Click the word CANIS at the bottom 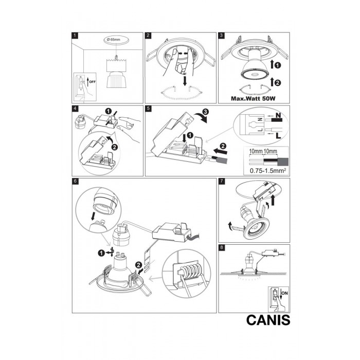pyautogui.click(x=268, y=320)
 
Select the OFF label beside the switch pyautogui.click(x=92, y=81)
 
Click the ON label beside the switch pyautogui.click(x=285, y=293)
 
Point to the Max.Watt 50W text pyautogui.click(x=253, y=99)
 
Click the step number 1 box pyautogui.click(x=75, y=35)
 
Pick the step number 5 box pyautogui.click(x=148, y=109)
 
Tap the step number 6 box pyautogui.click(x=75, y=181)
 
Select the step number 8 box pyautogui.click(x=221, y=247)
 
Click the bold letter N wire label pyautogui.click(x=278, y=115)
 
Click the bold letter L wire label pyautogui.click(x=278, y=136)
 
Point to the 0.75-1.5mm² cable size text pyautogui.click(x=268, y=171)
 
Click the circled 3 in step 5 pyautogui.click(x=205, y=112)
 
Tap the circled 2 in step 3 pyautogui.click(x=278, y=83)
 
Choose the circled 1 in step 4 pyautogui.click(x=109, y=112)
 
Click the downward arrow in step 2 pyautogui.click(x=185, y=81)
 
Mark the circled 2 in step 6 pyautogui.click(x=138, y=265)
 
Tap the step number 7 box pyautogui.click(x=221, y=181)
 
